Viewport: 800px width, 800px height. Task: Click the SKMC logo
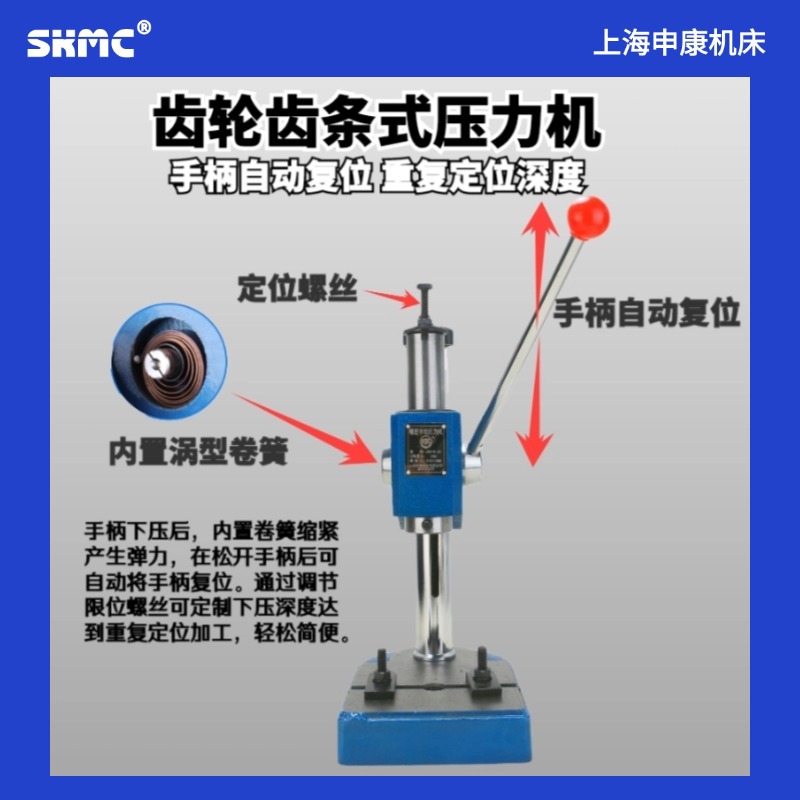[81, 43]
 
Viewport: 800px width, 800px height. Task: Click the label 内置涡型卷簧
[198, 452]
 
